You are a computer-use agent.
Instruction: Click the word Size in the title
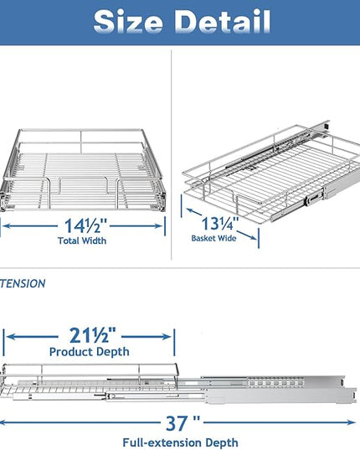[x=128, y=22]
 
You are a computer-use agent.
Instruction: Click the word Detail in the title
[x=223, y=22]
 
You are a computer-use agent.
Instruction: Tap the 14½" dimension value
[x=85, y=226]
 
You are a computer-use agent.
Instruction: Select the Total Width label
[x=82, y=241]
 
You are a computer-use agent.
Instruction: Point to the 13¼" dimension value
[x=220, y=224]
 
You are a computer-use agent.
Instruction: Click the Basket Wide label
[x=213, y=238]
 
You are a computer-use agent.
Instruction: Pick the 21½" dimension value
[x=93, y=335]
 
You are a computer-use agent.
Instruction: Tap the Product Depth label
[x=89, y=352]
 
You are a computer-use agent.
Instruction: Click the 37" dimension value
[x=183, y=423]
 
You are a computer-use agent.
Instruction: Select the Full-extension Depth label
[x=180, y=442]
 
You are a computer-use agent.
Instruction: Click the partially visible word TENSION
[x=23, y=283]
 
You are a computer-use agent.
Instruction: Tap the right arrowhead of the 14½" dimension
[x=158, y=226]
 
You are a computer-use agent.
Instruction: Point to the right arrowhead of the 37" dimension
[x=351, y=422]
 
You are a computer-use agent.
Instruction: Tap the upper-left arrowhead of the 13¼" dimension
[x=190, y=211]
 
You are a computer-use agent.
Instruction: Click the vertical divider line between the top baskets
[x=172, y=155]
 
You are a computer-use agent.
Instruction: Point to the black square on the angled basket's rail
[x=326, y=126]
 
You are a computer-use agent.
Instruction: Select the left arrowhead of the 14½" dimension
[x=7, y=226]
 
